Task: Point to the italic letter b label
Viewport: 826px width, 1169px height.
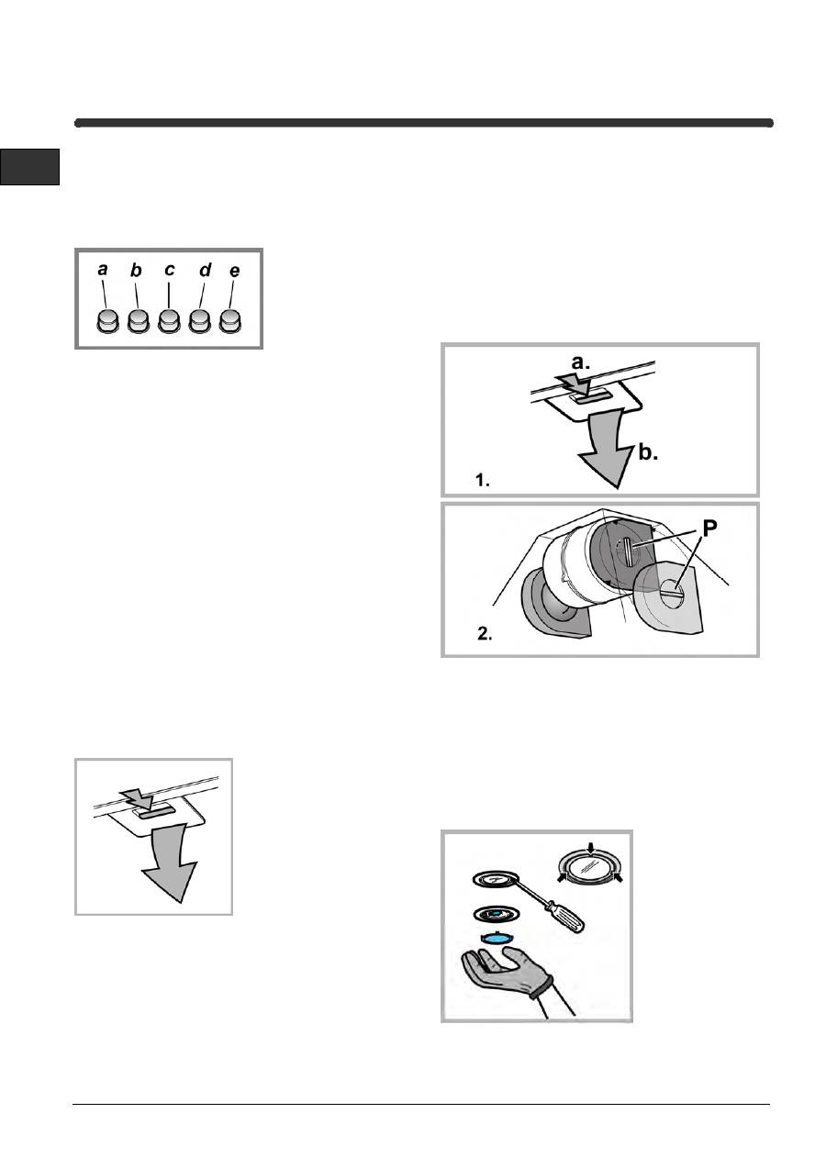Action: [x=136, y=271]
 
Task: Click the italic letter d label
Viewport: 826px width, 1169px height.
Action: [x=206, y=270]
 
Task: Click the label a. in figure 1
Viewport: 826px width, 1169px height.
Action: [x=580, y=362]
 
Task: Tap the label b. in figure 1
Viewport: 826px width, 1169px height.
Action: [x=648, y=452]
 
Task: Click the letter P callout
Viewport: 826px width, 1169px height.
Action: [x=709, y=529]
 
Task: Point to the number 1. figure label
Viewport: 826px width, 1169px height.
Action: [x=483, y=480]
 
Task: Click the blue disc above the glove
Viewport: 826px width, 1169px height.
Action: [x=496, y=938]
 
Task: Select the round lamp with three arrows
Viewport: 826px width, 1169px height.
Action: [x=590, y=869]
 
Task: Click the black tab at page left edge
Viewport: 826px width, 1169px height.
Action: [x=29, y=167]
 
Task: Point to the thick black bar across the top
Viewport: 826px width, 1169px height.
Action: [x=424, y=123]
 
